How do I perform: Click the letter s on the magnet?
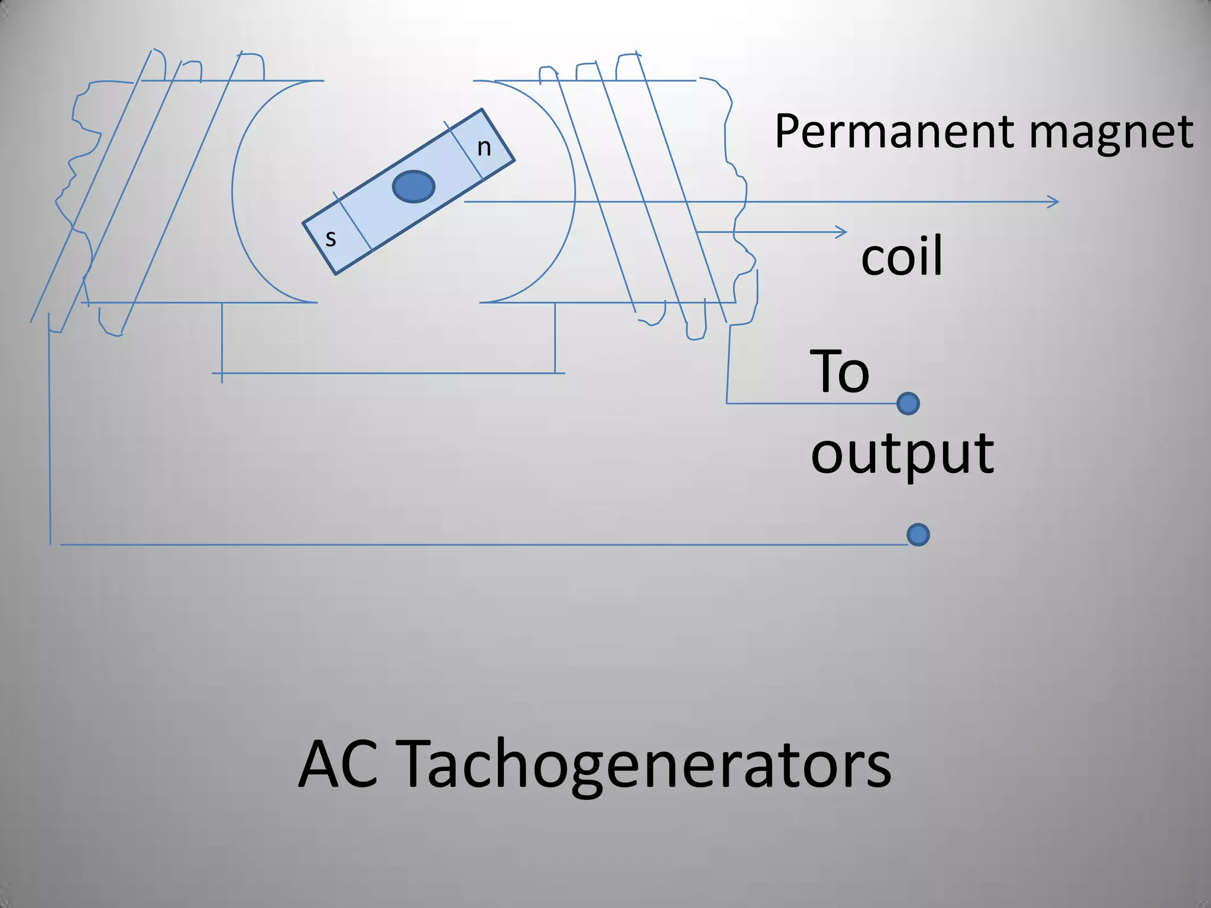(x=331, y=239)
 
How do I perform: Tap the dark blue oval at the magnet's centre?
(x=414, y=186)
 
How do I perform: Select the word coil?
(x=901, y=256)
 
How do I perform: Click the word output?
(x=902, y=454)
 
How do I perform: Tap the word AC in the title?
(x=338, y=765)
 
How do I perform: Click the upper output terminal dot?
(x=908, y=404)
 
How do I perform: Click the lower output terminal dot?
(x=918, y=535)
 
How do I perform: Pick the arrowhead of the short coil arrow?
(x=842, y=232)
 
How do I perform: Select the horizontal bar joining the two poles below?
(x=390, y=373)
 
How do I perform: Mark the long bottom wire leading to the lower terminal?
(x=473, y=544)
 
